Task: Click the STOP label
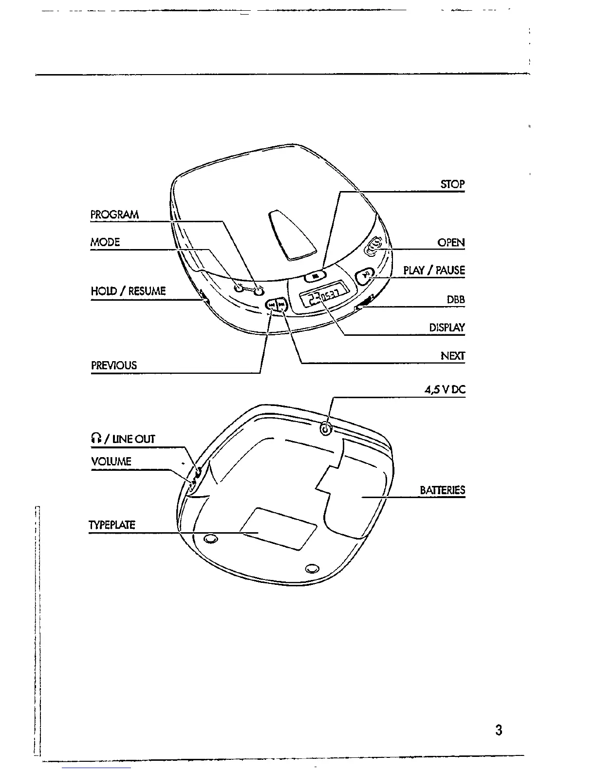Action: pos(452,184)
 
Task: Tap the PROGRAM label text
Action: pos(114,215)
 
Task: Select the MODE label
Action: pos(105,242)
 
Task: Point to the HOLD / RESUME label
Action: pos(128,291)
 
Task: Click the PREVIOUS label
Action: pos(114,366)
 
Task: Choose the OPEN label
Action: pos(451,243)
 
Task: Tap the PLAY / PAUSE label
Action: pos(434,270)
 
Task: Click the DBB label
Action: pos(456,300)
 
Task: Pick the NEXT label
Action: pos(453,356)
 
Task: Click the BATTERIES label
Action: pos(442,490)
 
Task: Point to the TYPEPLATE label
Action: pos(112,525)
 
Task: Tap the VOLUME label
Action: pos(111,462)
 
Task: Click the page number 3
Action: pos(498,730)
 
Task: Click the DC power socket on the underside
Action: pos(326,429)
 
